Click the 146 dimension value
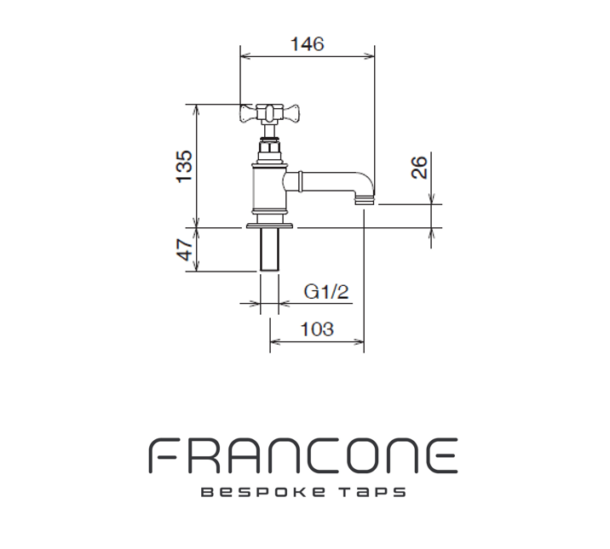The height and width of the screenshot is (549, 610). tap(307, 44)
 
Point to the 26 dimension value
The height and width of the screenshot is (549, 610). tap(419, 167)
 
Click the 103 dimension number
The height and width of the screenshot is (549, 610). tap(317, 329)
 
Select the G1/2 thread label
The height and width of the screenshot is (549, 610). tap(327, 292)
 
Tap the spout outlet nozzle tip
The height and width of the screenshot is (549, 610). tap(365, 201)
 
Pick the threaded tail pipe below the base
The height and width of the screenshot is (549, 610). tap(269, 251)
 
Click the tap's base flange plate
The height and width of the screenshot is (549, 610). tap(270, 226)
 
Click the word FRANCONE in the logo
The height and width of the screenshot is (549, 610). tap(304, 457)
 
